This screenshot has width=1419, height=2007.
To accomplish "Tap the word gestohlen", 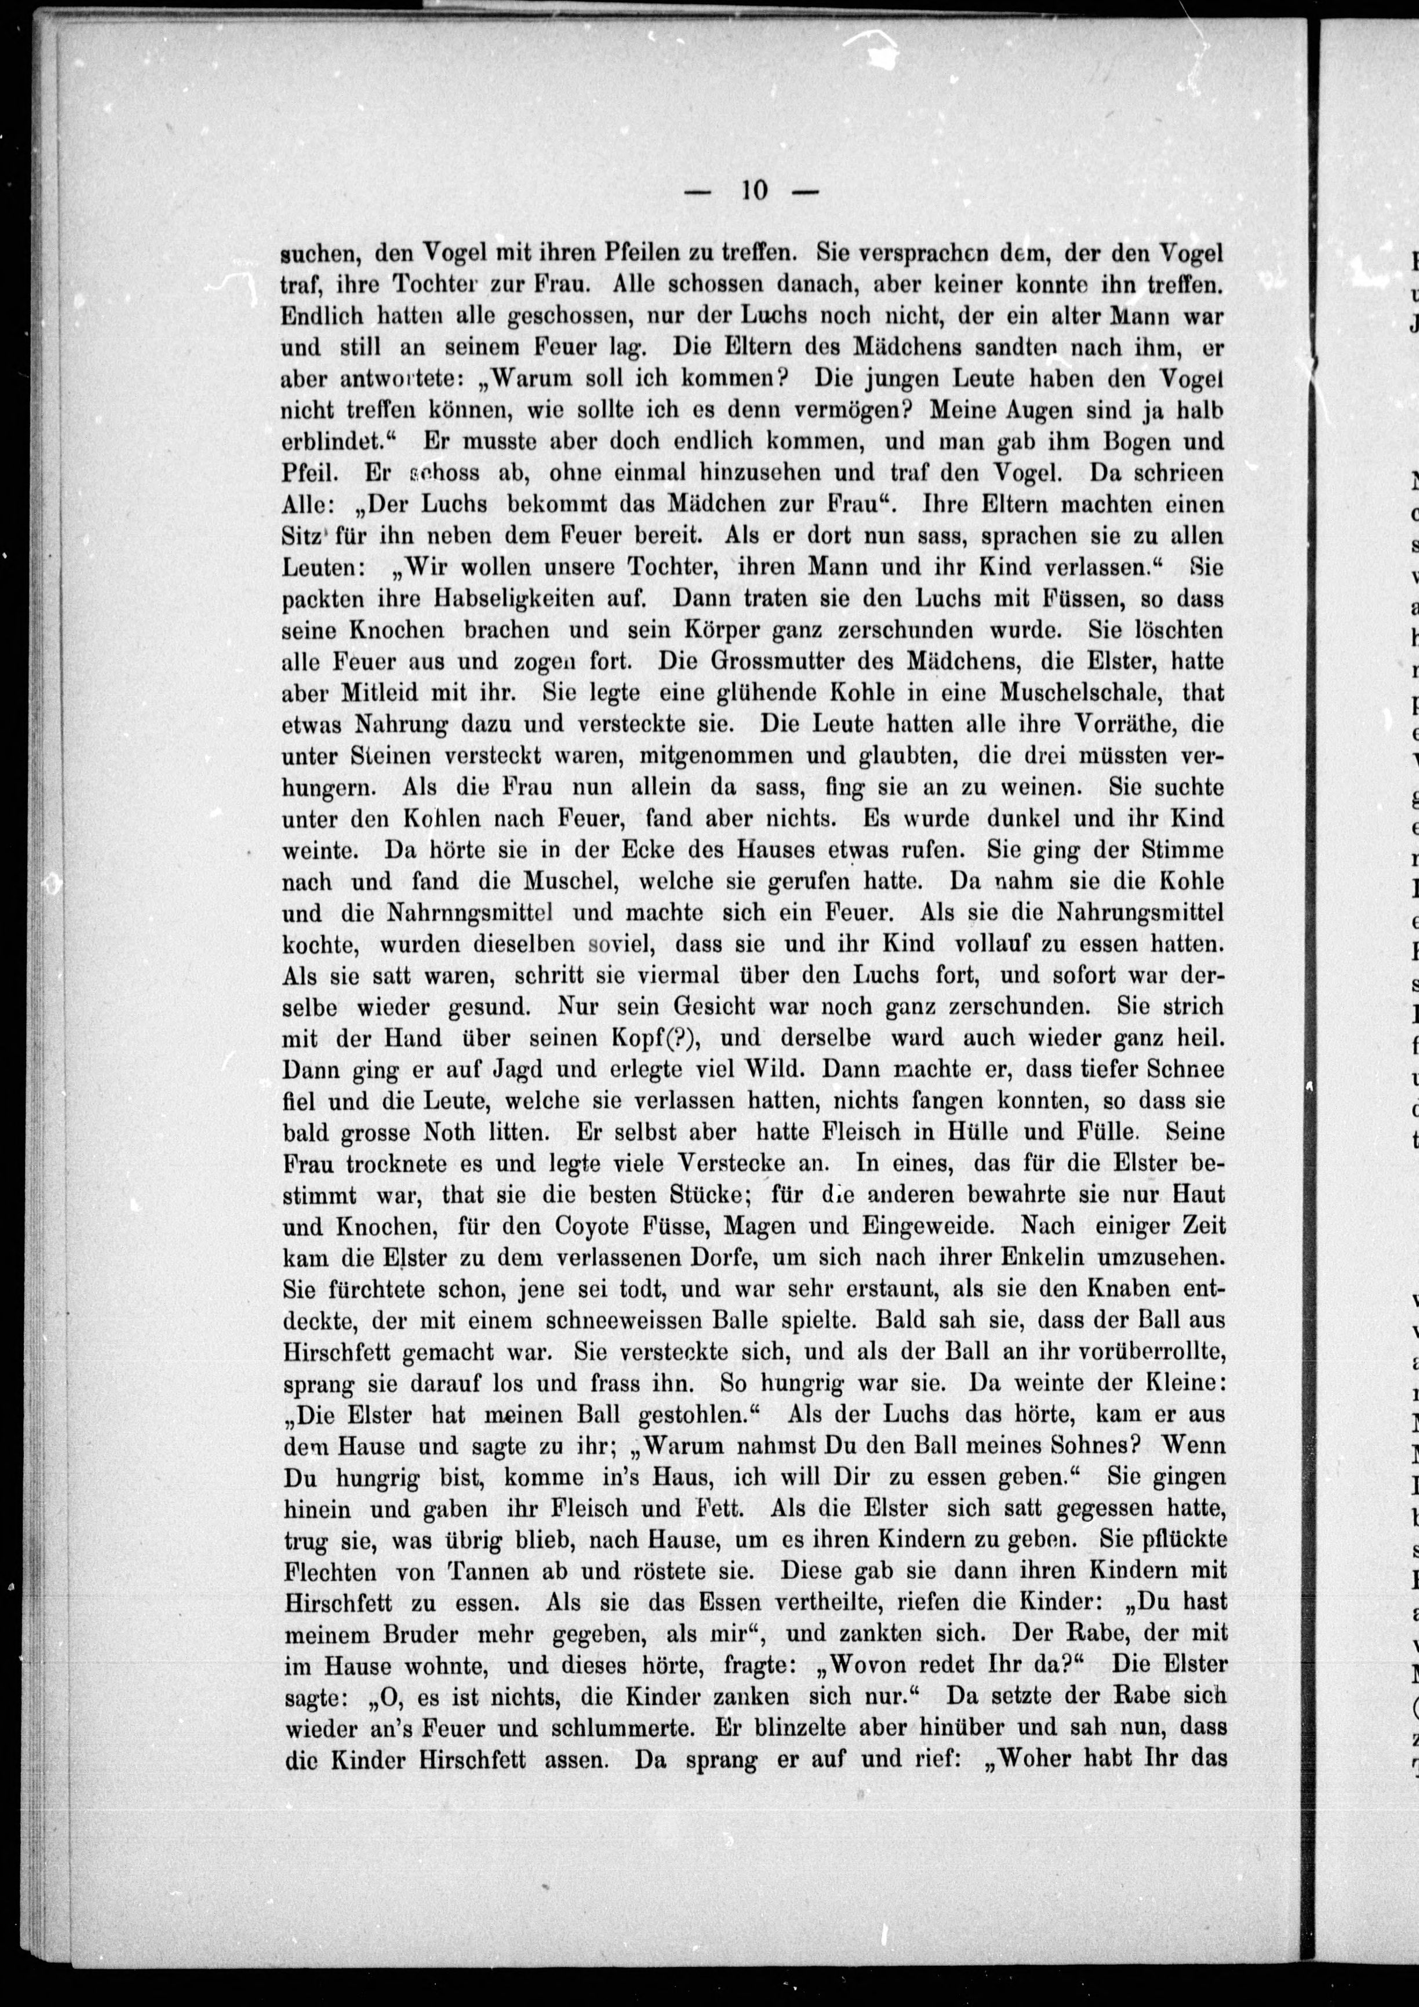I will (x=701, y=1414).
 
